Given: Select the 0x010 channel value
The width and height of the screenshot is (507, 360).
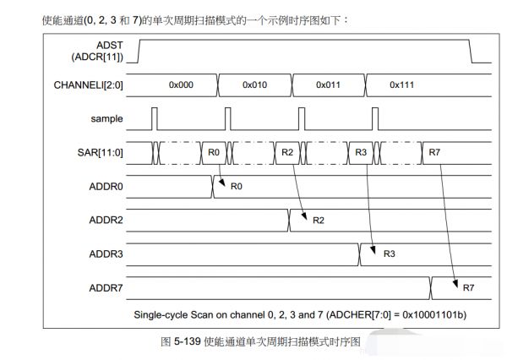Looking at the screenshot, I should click(x=255, y=85).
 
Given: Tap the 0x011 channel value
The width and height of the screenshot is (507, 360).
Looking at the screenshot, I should click(x=329, y=85).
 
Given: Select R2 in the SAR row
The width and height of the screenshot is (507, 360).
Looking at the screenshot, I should click(x=287, y=152).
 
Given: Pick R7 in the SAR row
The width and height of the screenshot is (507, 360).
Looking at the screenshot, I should click(x=434, y=152).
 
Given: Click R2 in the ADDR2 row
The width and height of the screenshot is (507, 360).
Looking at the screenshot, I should click(x=319, y=221).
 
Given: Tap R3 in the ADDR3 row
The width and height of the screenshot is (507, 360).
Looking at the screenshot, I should click(x=390, y=254).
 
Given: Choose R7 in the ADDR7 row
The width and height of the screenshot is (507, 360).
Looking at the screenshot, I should click(x=468, y=287).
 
